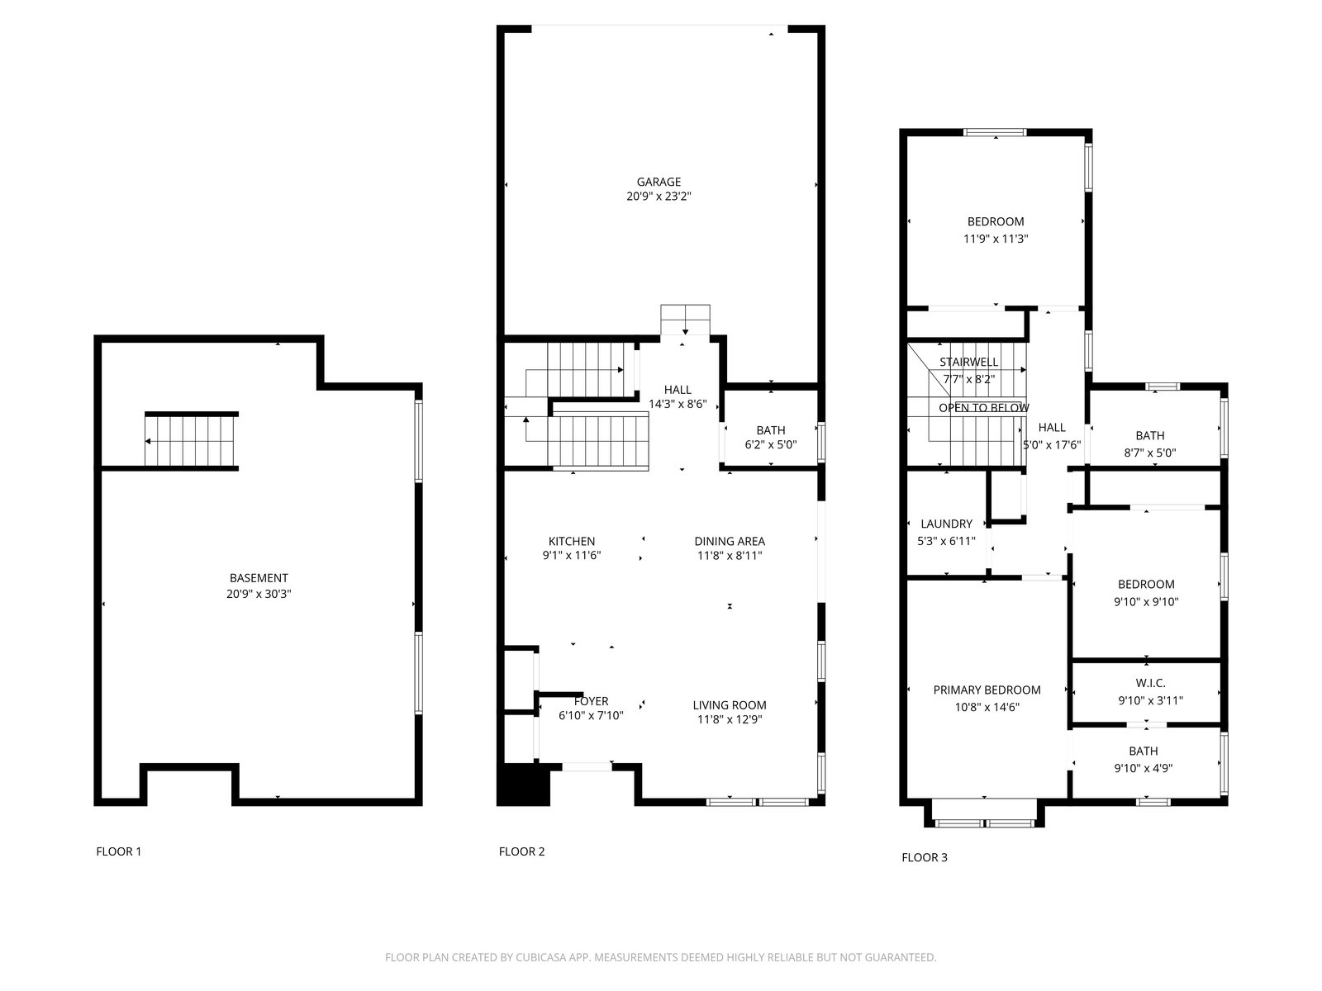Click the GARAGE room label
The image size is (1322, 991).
pos(659,182)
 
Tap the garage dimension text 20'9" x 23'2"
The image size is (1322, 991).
pos(659,197)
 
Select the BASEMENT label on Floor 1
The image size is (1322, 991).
pos(259,578)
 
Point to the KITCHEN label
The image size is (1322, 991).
pos(571,542)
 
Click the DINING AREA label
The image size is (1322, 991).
pos(730,542)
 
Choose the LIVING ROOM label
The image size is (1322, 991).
pos(730,705)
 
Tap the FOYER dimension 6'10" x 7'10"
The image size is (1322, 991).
pos(591,715)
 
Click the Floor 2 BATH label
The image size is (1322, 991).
pos(770,430)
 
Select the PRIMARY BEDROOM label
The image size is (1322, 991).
pos(987,690)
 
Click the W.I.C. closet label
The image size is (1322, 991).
pos(1150,683)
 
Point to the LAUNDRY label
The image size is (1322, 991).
pos(946,524)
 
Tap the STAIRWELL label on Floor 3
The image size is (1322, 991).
pos(968,363)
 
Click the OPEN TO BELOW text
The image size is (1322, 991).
pos(983,408)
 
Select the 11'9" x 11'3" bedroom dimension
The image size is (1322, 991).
pos(996,239)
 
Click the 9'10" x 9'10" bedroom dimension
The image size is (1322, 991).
pos(1145,602)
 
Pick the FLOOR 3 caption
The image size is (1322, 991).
pos(924,857)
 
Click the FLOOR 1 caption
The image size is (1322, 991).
pos(119,851)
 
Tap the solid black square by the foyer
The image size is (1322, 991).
pos(523,785)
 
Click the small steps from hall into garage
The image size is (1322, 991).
pos(685,320)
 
